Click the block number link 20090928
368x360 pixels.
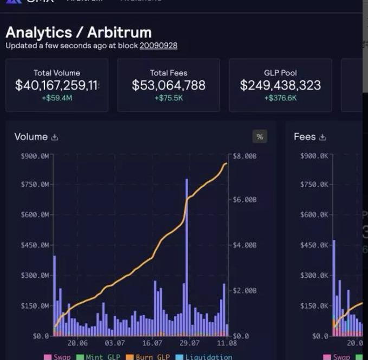[158, 45]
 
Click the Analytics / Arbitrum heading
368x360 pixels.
[79, 32]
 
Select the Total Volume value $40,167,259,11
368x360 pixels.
[57, 85]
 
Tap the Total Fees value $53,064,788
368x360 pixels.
[169, 85]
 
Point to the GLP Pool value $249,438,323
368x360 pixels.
[280, 85]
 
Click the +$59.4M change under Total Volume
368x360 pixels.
[57, 98]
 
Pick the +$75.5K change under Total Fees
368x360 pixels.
[169, 98]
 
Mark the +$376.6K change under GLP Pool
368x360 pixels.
[280, 98]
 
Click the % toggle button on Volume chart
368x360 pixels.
[260, 137]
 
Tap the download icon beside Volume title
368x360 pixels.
[55, 138]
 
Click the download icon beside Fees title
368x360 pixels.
[322, 138]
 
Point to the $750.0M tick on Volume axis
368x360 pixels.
[35, 185]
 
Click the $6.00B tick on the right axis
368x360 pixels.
[244, 200]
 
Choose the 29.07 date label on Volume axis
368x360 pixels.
[189, 343]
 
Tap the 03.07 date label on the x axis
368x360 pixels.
[115, 343]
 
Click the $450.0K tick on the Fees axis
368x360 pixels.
[314, 245]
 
